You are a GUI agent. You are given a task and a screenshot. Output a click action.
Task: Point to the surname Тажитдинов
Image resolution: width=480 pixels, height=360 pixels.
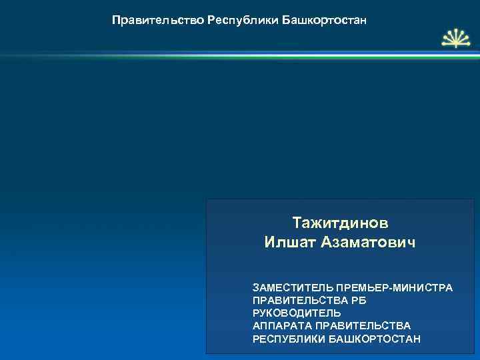pyautogui.click(x=340, y=221)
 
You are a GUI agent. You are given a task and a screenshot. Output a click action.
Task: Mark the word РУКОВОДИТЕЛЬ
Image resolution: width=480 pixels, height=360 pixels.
pyautogui.click(x=297, y=313)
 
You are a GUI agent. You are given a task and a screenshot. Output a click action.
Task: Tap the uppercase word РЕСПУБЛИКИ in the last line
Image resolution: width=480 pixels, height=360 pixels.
pyautogui.click(x=289, y=339)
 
